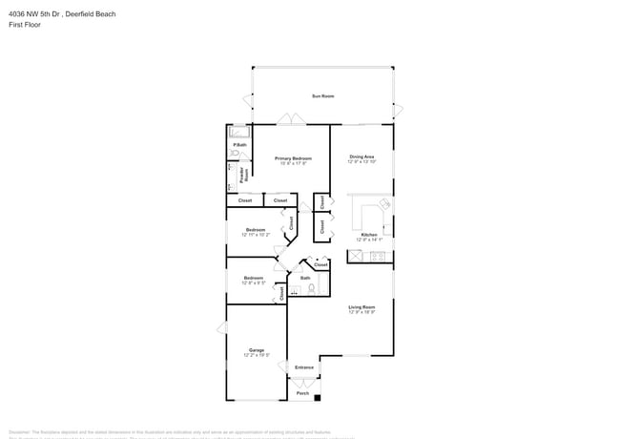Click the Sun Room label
323,96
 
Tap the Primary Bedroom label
293,157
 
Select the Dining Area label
362,157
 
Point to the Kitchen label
369,235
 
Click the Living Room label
362,307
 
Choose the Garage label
257,350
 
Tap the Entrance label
304,367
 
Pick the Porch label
302,393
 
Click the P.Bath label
240,145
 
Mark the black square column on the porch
318,398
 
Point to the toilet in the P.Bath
233,154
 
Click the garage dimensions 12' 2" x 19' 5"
257,356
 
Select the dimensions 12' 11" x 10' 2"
256,235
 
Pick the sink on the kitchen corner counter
385,204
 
